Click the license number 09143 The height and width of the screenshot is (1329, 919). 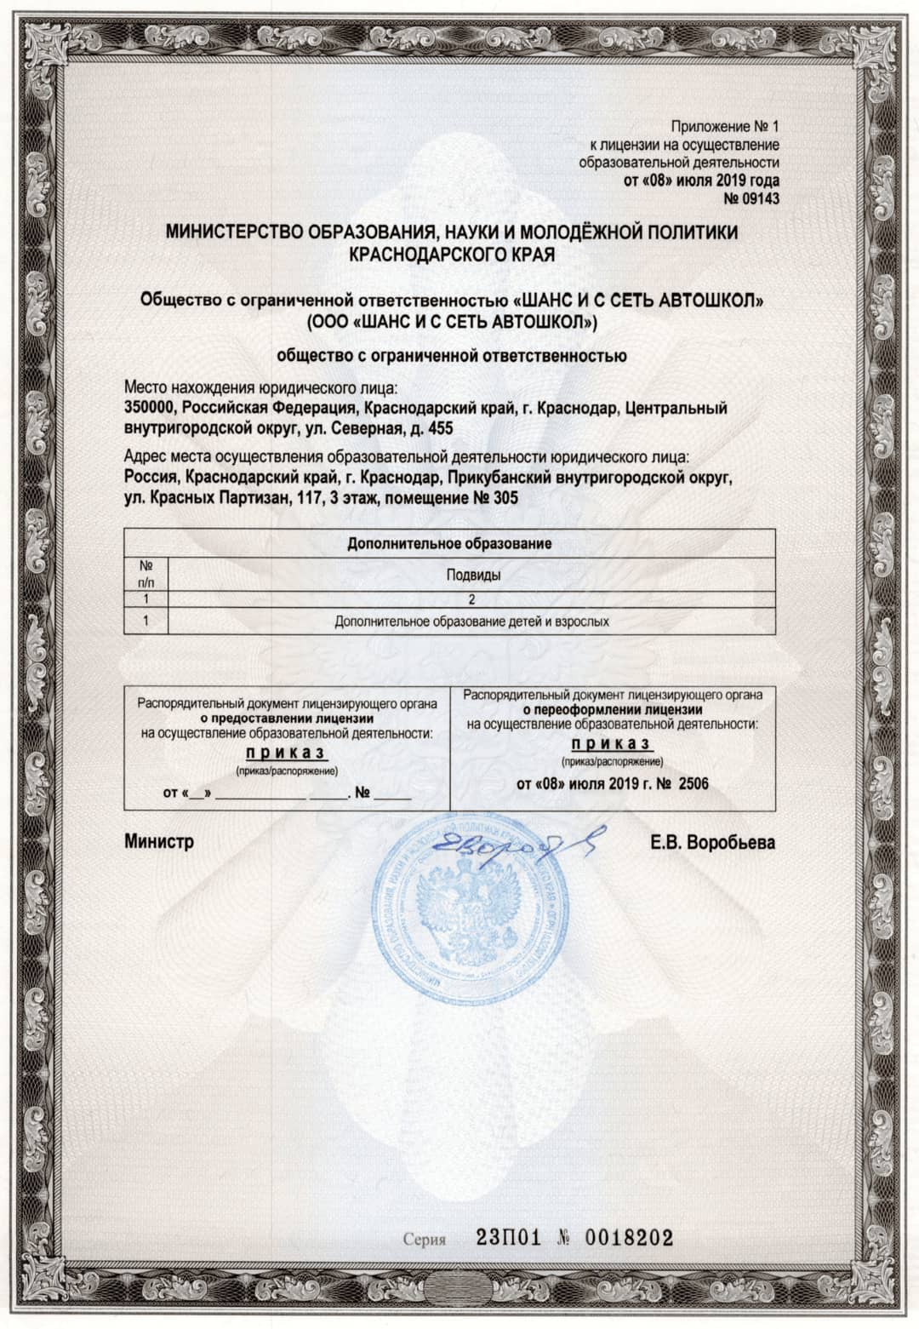(x=759, y=199)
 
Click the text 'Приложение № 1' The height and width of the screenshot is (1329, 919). (x=724, y=126)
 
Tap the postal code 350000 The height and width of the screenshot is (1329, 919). (x=150, y=409)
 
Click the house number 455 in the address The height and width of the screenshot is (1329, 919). (x=440, y=428)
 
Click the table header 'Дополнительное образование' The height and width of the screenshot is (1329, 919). (x=449, y=543)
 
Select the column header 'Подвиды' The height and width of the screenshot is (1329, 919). (x=473, y=575)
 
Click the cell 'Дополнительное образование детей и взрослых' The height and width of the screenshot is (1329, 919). (x=472, y=622)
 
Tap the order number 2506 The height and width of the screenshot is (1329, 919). (x=693, y=783)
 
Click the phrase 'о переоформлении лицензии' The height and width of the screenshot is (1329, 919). (x=612, y=709)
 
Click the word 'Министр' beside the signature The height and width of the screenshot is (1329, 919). (x=159, y=842)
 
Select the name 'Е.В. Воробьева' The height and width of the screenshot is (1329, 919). (x=712, y=843)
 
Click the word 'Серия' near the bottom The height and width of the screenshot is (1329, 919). (x=425, y=1239)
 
